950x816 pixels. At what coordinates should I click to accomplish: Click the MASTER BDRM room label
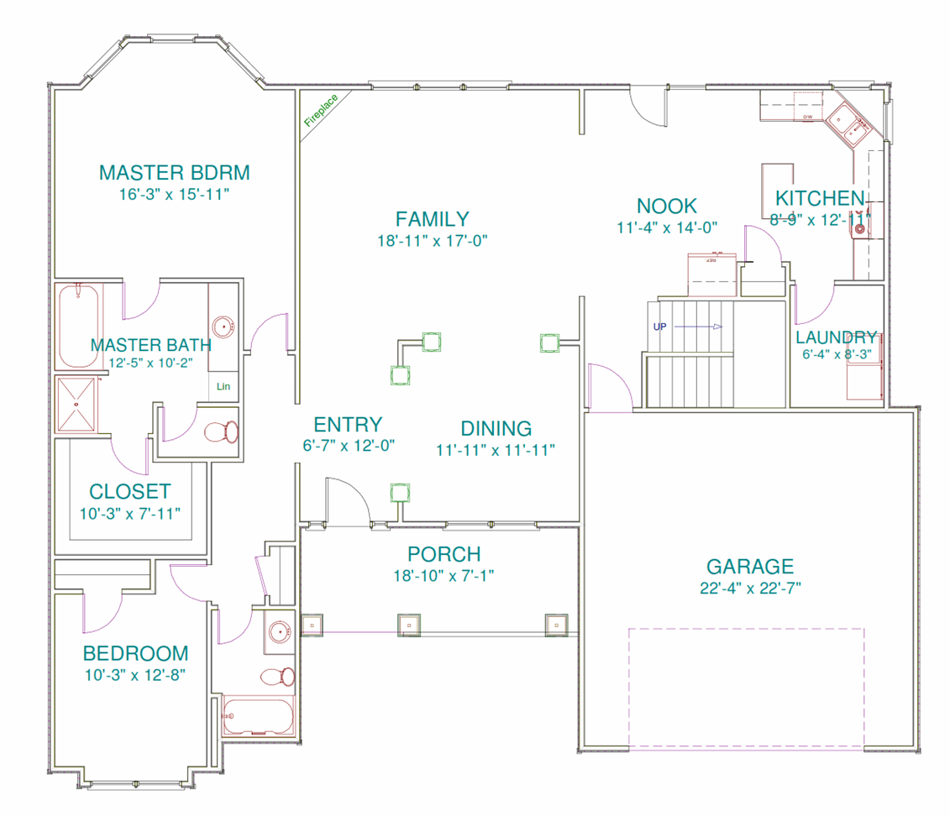pyautogui.click(x=175, y=173)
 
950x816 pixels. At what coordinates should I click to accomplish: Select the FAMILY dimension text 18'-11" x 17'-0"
pyautogui.click(x=433, y=241)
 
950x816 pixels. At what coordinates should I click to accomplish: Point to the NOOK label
pyautogui.click(x=667, y=206)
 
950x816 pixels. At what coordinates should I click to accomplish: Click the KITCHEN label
pyautogui.click(x=819, y=199)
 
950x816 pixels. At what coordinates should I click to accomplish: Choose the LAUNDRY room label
pyautogui.click(x=837, y=337)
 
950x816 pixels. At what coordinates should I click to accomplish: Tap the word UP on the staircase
pyautogui.click(x=659, y=327)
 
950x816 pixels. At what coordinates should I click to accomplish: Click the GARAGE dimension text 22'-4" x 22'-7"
pyautogui.click(x=750, y=588)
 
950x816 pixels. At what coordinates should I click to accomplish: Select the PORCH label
pyautogui.click(x=444, y=554)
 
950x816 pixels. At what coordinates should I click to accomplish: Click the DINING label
pyautogui.click(x=496, y=428)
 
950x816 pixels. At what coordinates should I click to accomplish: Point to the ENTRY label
pyautogui.click(x=348, y=425)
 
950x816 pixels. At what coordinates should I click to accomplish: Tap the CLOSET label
pyautogui.click(x=130, y=492)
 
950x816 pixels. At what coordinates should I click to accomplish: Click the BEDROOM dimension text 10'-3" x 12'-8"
pyautogui.click(x=134, y=674)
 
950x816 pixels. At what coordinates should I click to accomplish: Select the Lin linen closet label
pyautogui.click(x=223, y=387)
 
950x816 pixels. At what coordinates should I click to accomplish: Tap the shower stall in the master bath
pyautogui.click(x=76, y=405)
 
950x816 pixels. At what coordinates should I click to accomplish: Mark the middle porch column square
pyautogui.click(x=408, y=625)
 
